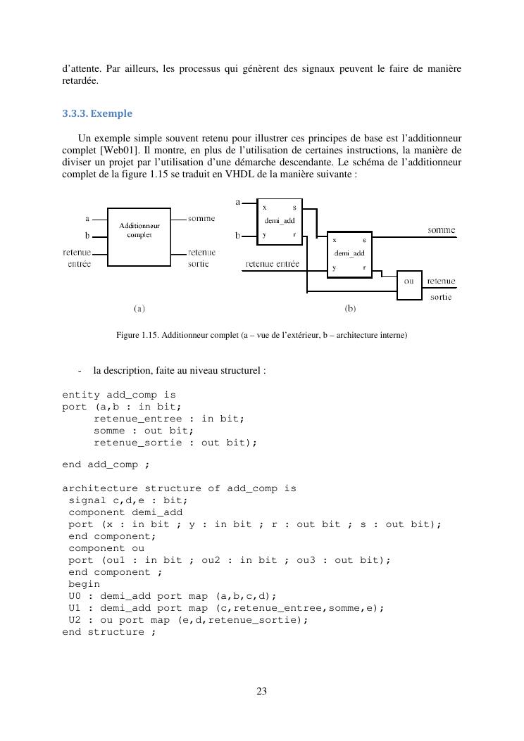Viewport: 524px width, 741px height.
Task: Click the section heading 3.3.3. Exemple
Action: point(97,113)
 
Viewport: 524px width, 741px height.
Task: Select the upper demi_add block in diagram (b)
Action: point(280,222)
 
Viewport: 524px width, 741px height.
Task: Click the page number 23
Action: point(261,691)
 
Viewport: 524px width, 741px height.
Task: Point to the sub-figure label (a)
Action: point(139,308)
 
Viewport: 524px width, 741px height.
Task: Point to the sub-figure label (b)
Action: point(350,308)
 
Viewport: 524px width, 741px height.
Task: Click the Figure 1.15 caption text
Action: point(261,336)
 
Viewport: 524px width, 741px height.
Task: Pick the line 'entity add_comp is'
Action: point(119,395)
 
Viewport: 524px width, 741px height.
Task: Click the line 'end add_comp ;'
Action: point(106,464)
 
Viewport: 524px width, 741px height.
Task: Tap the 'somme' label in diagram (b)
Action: point(442,231)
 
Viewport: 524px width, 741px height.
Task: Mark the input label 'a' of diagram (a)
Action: point(87,219)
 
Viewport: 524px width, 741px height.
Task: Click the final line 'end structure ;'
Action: point(108,632)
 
